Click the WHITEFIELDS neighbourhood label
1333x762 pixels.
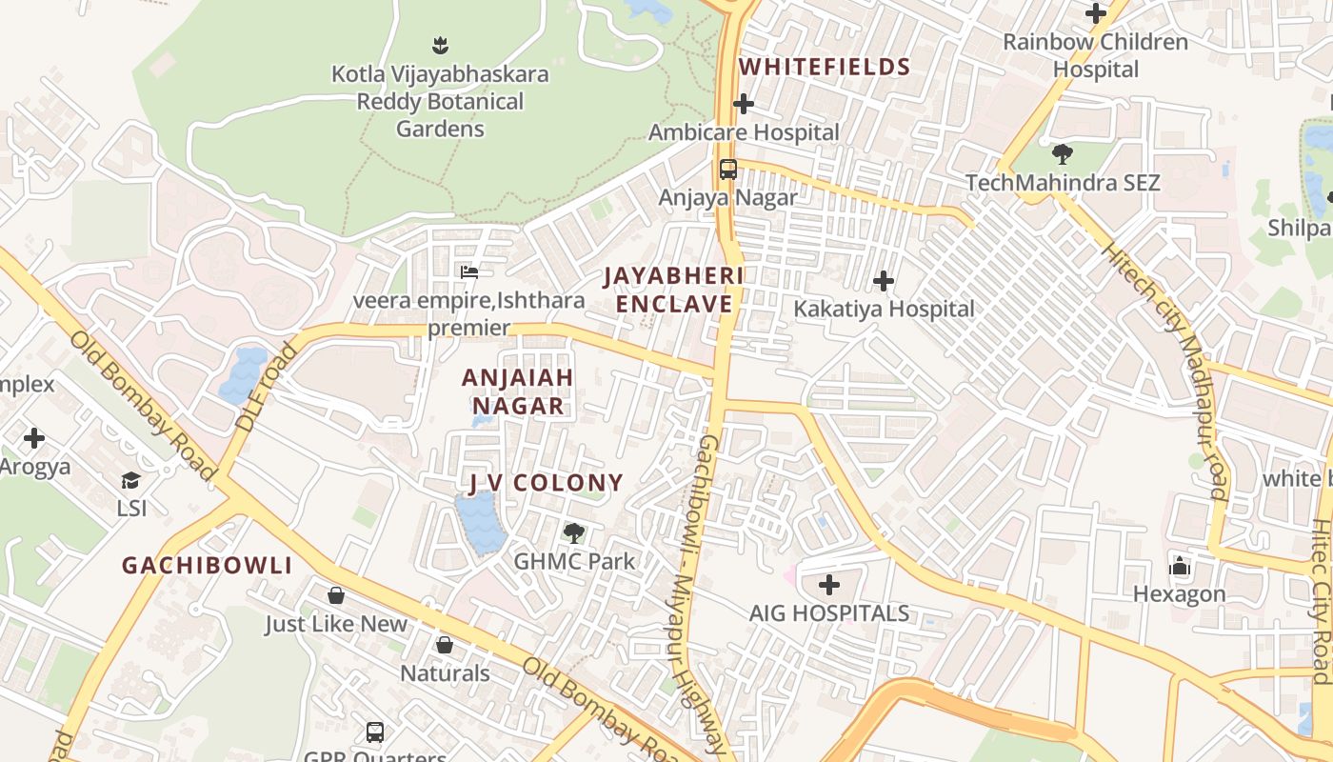tap(825, 67)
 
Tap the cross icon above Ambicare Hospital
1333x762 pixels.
tap(744, 104)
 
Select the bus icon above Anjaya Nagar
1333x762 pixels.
tap(728, 170)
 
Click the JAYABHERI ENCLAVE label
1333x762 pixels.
tap(673, 290)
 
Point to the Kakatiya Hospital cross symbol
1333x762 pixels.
tap(884, 281)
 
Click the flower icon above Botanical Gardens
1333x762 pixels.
tap(440, 45)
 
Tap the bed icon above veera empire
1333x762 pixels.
tap(468, 272)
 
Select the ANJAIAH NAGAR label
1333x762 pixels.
tap(518, 391)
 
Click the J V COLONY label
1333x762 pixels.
tap(546, 483)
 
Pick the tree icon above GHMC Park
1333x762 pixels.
tap(573, 532)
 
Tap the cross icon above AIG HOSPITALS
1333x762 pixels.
tap(829, 584)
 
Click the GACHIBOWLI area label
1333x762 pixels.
tap(207, 566)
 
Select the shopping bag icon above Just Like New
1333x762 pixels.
tap(335, 595)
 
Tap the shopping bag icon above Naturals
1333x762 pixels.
tap(444, 645)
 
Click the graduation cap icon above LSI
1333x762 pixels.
tap(130, 480)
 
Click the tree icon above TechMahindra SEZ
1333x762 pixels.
tap(1063, 153)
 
